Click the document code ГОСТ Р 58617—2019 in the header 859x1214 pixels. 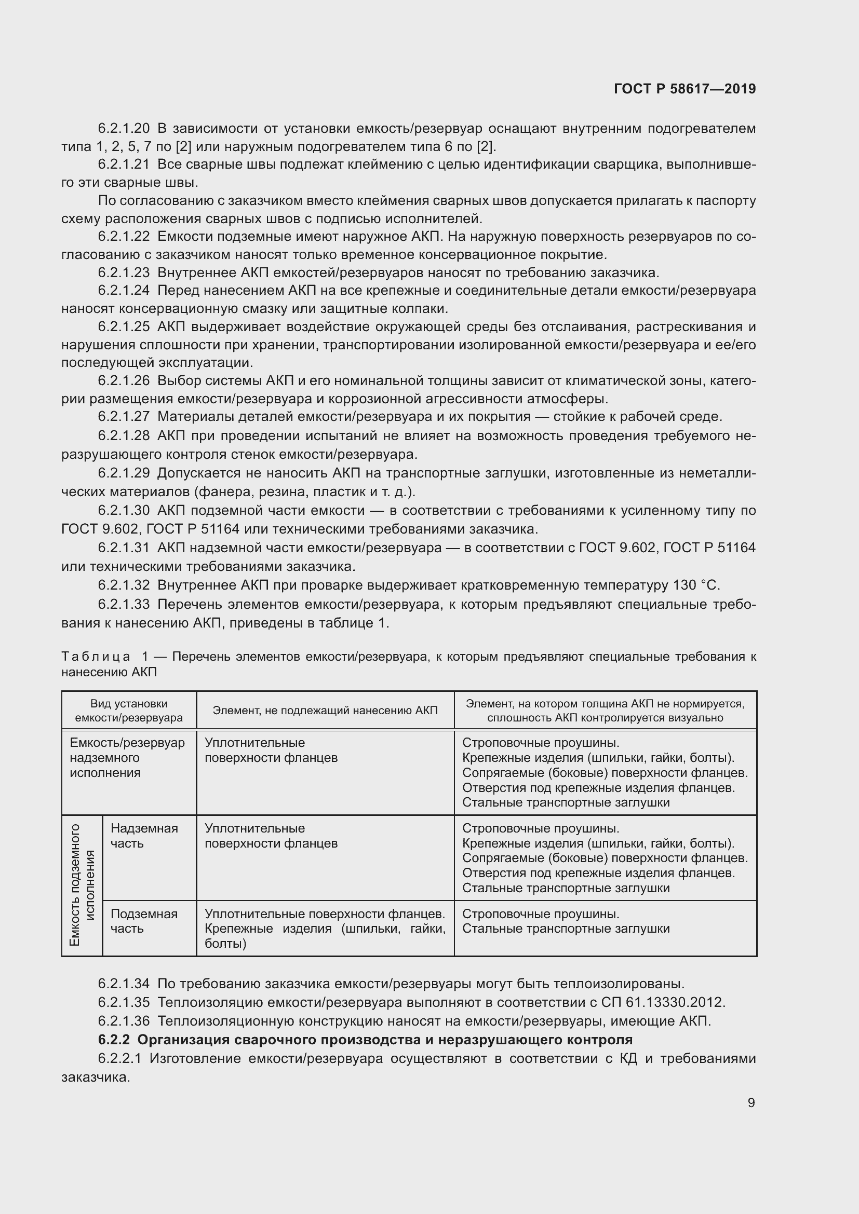pyautogui.click(x=684, y=89)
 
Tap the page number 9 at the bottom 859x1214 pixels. pyautogui.click(x=751, y=1102)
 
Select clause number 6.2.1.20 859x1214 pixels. pyautogui.click(x=124, y=129)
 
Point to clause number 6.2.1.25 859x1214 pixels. pyautogui.click(x=124, y=327)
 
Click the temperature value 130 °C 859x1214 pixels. pyautogui.click(x=696, y=585)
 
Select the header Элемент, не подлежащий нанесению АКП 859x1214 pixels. pyautogui.click(x=325, y=711)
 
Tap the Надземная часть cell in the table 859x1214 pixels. pyautogui.click(x=144, y=836)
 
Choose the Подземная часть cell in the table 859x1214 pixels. pyautogui.click(x=144, y=922)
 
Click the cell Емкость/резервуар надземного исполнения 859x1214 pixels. pyautogui.click(x=127, y=758)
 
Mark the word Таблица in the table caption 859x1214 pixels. pyautogui.click(x=96, y=657)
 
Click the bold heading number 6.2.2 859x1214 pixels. pyautogui.click(x=114, y=1040)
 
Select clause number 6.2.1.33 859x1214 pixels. pyautogui.click(x=124, y=604)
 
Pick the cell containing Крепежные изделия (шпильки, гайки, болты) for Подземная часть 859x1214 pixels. pyautogui.click(x=325, y=929)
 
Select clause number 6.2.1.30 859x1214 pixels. pyautogui.click(x=124, y=510)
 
